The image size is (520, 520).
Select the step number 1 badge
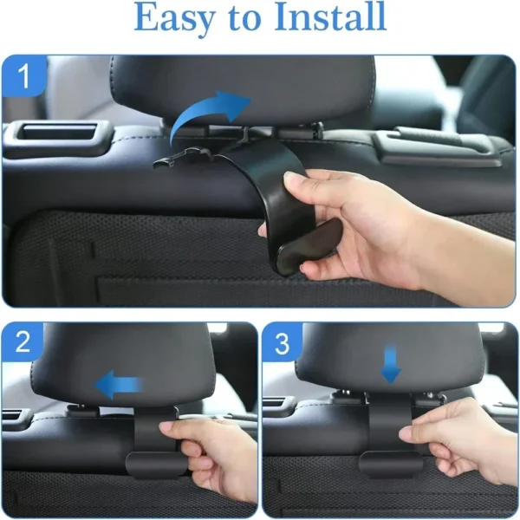(23, 76)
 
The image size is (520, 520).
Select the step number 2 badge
(23, 341)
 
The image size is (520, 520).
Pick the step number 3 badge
(283, 341)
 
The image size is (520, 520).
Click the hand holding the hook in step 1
(364, 221)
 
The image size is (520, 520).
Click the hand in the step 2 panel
(212, 451)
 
